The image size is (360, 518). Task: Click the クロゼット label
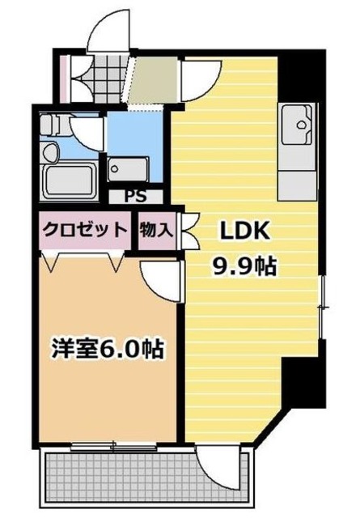click(85, 229)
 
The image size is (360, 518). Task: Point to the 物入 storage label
click(155, 229)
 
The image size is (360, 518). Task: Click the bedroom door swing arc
click(158, 279)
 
